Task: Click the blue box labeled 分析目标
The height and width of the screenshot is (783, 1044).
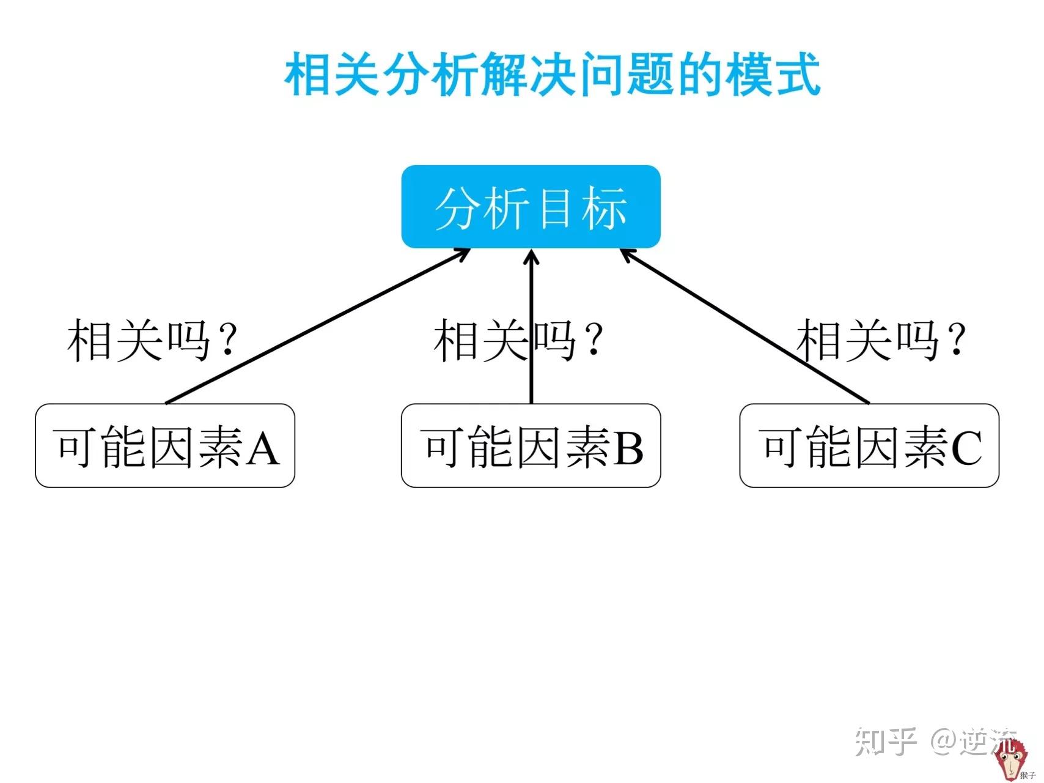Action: (531, 207)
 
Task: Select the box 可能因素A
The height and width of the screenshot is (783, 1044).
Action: (165, 445)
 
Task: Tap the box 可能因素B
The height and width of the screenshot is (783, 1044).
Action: (531, 445)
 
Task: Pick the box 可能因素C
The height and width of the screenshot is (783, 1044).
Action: (869, 445)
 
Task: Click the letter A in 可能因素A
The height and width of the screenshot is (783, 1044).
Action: (263, 448)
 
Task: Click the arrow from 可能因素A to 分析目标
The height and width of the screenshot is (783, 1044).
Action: (318, 325)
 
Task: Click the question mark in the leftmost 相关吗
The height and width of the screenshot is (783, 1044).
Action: (228, 340)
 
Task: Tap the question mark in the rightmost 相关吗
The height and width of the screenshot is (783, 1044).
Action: (958, 340)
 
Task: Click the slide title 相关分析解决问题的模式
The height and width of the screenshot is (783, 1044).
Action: (553, 75)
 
